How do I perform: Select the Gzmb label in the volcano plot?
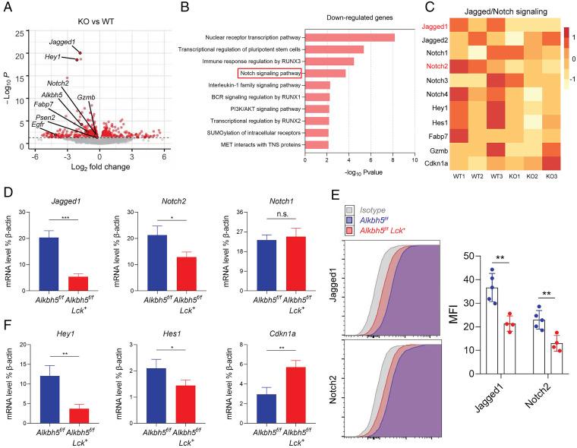[86, 98]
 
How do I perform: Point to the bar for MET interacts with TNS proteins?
[317, 144]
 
